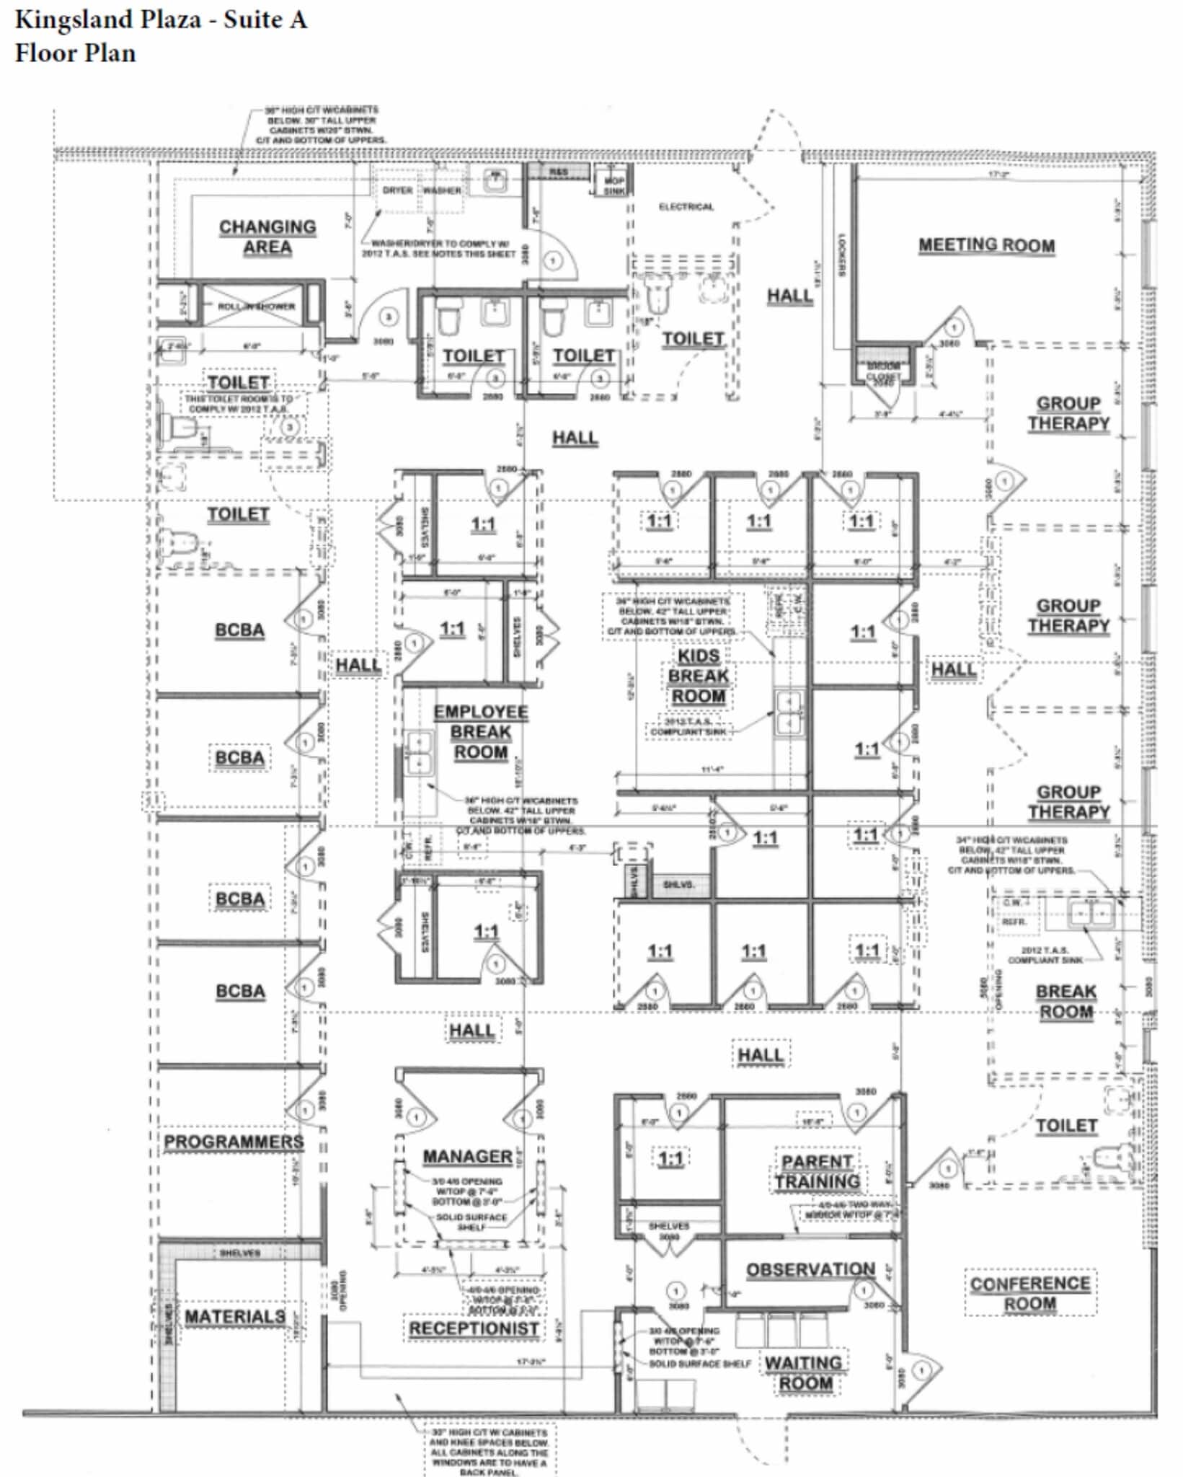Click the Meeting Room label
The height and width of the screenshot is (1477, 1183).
point(985,245)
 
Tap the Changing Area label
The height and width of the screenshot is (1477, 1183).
point(267,237)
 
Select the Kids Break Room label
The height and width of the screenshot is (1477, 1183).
point(698,676)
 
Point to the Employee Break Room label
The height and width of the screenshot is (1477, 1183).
point(480,732)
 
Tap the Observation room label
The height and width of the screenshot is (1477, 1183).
point(810,1269)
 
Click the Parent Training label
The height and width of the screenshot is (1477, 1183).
point(817,1171)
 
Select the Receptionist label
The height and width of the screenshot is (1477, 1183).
point(474,1328)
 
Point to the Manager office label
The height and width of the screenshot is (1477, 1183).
point(467,1156)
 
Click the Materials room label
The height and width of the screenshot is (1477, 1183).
point(235,1316)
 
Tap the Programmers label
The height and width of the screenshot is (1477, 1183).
point(234,1142)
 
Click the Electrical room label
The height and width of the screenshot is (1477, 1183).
point(686,207)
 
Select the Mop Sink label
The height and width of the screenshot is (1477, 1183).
point(614,185)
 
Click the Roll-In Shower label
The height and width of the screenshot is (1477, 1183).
point(257,306)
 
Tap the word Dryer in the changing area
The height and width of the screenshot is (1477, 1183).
point(397,190)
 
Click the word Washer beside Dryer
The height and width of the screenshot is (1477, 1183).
point(441,190)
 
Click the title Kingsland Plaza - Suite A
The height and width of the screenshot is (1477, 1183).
point(161,19)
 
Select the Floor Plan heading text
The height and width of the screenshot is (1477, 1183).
point(76,53)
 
